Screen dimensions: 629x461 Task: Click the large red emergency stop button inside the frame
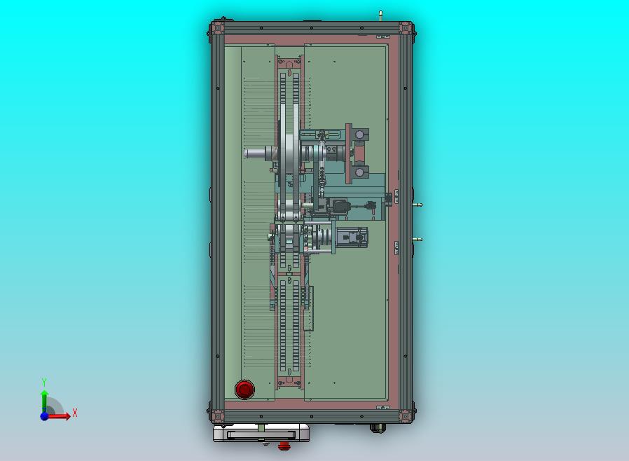coord(244,389)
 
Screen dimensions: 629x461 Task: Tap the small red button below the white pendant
coord(284,446)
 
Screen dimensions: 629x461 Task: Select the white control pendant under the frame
coord(261,433)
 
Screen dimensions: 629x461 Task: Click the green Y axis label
coord(44,382)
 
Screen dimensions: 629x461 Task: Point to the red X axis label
coord(75,413)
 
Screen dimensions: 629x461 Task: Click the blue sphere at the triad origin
coord(44,416)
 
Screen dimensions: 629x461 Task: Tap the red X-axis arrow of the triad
coord(58,416)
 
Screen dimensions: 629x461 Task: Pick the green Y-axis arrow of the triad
coord(45,401)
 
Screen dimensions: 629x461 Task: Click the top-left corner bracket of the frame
coord(217,28)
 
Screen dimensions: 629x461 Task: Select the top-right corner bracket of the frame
coord(406,28)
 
